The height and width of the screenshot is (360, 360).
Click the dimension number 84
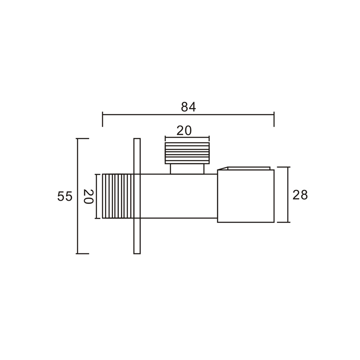[x=188, y=107]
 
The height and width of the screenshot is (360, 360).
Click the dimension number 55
[x=65, y=197]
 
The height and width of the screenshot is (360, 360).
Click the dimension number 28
[x=300, y=195]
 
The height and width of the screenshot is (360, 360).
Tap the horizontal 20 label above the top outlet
[x=184, y=131]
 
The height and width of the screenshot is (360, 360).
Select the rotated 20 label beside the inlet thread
[x=88, y=197]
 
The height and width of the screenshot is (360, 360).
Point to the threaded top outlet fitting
[x=187, y=153]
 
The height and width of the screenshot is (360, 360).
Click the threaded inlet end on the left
[x=118, y=196]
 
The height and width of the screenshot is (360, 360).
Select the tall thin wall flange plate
[x=137, y=196]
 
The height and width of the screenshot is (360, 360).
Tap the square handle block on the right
[x=246, y=196]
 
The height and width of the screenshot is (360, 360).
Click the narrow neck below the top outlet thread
[x=187, y=169]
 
